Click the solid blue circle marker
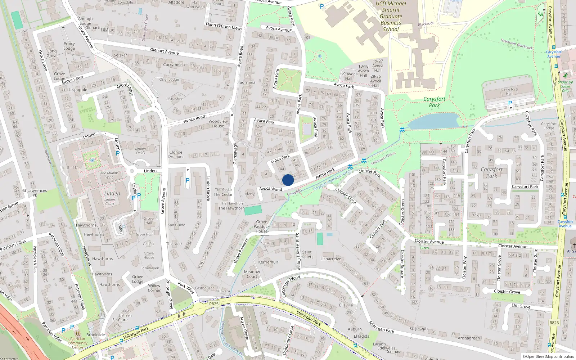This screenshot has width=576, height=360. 288,180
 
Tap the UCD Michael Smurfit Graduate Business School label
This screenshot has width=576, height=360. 391,16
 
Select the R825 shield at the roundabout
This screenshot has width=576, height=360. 214,304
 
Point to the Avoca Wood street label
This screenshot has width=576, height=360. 271,189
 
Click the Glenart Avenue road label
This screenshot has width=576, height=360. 164,51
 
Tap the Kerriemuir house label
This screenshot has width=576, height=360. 268,262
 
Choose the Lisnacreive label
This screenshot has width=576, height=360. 330,259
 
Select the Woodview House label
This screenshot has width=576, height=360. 218,123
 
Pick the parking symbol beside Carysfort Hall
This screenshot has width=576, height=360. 510,103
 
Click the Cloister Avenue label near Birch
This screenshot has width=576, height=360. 429,242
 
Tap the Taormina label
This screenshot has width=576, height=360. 247,82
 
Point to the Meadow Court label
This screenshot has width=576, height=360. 252,274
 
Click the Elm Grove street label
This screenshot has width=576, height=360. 521,306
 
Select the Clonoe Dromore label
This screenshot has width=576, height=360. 176,154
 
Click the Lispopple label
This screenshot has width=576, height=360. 78,90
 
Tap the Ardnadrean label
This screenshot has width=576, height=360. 469,338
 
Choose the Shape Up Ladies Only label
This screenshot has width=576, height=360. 565,86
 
